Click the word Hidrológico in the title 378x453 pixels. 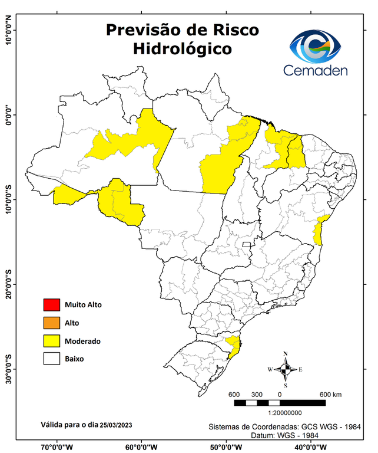pos(182,48)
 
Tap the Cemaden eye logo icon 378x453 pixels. pos(317,46)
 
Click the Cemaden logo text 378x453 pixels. pos(316,70)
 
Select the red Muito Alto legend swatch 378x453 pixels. pos(51,305)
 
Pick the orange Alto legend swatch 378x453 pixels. pos(51,323)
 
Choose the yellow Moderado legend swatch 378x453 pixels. pos(51,340)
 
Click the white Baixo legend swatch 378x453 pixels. pos(51,358)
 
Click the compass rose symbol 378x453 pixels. pos(286,369)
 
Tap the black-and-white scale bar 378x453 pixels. pos(279,403)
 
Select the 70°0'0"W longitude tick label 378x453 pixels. pos(57,447)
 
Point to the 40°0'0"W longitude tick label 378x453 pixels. pos(310,447)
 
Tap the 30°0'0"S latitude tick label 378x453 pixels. pos(8,369)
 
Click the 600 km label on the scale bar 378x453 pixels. pos(331,394)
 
